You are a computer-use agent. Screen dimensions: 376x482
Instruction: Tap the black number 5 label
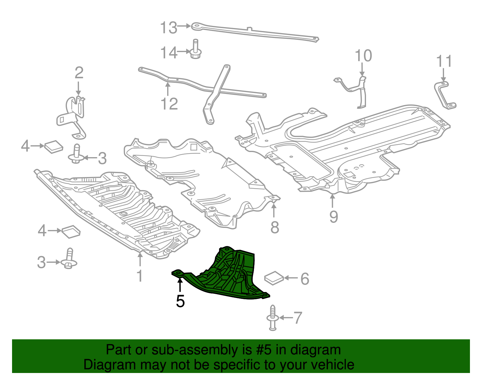[x=180, y=301]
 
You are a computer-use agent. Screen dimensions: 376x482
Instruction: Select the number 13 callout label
[x=168, y=28]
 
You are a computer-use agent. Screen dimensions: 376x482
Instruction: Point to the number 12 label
[x=169, y=104]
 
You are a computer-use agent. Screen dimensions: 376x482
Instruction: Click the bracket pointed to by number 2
[x=74, y=116]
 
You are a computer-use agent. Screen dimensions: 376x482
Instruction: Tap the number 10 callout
[x=363, y=56]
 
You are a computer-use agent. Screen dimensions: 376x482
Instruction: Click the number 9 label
[x=333, y=217]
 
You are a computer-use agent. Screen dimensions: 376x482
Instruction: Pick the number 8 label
[x=274, y=228]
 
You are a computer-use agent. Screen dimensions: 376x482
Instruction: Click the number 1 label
[x=139, y=276]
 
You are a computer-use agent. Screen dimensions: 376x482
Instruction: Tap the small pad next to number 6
[x=274, y=278]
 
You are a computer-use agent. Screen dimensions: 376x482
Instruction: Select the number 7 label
[x=298, y=318]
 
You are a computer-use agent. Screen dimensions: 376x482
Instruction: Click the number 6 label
[x=305, y=279]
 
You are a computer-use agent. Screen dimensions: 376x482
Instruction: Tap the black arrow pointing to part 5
[x=180, y=285]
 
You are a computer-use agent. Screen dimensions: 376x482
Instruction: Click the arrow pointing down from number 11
[x=443, y=74]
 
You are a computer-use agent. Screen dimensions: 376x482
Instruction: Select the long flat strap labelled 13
[x=256, y=32]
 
